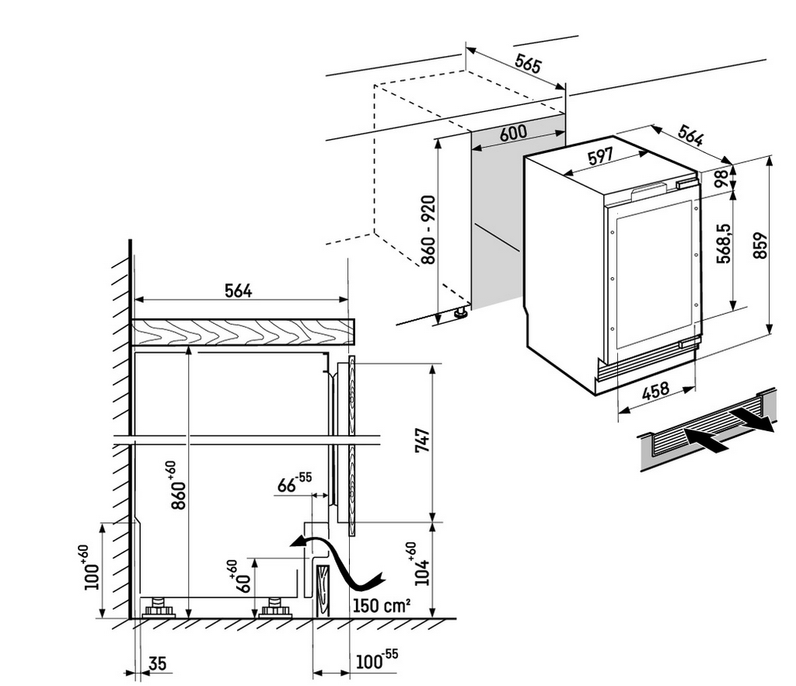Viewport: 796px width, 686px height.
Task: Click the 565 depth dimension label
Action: point(528,65)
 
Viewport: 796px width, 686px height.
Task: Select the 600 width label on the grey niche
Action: point(513,133)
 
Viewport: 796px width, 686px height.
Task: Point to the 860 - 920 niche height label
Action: point(428,230)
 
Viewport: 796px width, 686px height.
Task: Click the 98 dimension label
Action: point(722,177)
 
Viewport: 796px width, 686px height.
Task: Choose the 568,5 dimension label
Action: point(722,245)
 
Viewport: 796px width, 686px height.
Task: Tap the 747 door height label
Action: point(422,442)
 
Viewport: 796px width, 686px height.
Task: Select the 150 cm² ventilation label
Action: point(381,605)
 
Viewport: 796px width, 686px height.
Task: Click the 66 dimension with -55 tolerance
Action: point(294,485)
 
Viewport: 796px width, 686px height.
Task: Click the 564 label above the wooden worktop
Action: point(238,291)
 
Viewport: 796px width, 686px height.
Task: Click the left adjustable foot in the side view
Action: point(159,607)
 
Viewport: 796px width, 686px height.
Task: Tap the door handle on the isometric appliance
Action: point(651,189)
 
